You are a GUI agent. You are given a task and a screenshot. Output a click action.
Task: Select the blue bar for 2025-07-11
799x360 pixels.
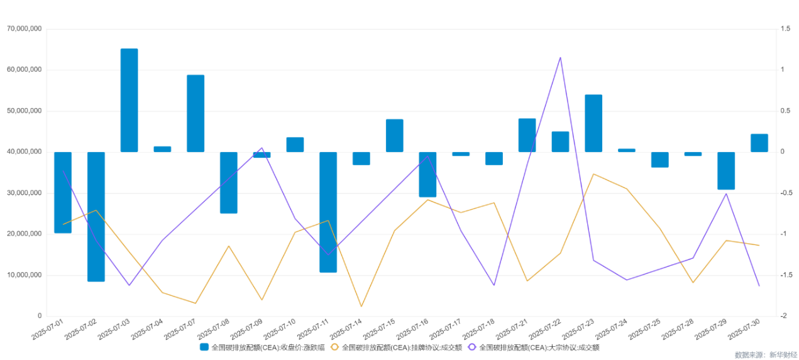(x=328, y=212)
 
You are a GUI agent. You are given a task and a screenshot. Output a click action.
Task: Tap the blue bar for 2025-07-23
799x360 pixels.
(x=593, y=123)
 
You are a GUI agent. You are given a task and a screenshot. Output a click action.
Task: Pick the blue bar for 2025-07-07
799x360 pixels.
(x=196, y=114)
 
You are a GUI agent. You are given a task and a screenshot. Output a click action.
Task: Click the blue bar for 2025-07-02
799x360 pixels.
(x=96, y=217)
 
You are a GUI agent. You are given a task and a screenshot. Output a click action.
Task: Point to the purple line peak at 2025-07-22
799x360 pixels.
(x=560, y=57)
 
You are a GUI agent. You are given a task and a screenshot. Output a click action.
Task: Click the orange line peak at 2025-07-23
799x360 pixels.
(x=593, y=174)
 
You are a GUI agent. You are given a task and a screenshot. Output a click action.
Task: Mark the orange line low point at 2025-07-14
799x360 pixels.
(x=361, y=307)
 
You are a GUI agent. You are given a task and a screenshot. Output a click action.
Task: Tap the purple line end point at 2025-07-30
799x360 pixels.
(x=759, y=286)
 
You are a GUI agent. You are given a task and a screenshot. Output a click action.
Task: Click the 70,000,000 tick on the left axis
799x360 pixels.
(x=24, y=29)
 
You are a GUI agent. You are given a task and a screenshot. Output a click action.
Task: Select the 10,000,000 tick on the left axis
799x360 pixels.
(x=24, y=275)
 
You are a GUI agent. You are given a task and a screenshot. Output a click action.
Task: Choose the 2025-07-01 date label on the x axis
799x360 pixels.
(x=49, y=329)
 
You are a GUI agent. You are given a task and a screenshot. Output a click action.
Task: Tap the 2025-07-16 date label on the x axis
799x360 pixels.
(x=413, y=329)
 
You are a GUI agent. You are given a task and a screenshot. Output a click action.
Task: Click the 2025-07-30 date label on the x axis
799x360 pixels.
(x=744, y=329)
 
